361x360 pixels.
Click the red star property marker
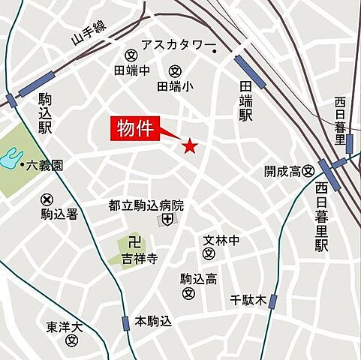point(190,145)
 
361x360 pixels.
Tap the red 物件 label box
point(135,128)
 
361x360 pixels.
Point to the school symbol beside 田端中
point(131,55)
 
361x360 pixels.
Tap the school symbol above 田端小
point(175,71)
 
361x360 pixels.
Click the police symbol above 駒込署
point(47,199)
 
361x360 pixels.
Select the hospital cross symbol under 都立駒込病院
point(166,220)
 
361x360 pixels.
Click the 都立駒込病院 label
point(146,205)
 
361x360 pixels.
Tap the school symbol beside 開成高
point(308,172)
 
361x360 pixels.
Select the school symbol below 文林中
point(210,255)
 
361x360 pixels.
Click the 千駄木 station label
point(248,301)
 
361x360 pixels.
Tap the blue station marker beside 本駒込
point(125,323)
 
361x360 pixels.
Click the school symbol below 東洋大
point(71,340)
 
